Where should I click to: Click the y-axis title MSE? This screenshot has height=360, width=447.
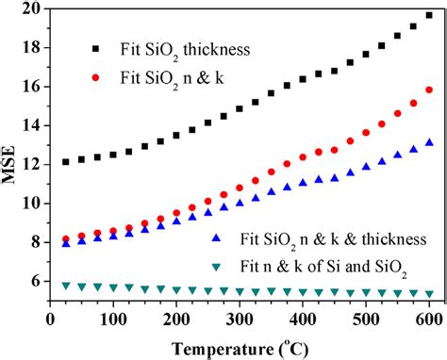pyautogui.click(x=12, y=156)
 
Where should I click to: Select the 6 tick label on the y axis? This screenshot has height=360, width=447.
pyautogui.click(x=35, y=281)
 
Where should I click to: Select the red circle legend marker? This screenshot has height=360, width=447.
pyautogui.click(x=94, y=76)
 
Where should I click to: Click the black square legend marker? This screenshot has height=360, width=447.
pyautogui.click(x=94, y=46)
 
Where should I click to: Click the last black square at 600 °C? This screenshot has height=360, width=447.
pyautogui.click(x=429, y=15)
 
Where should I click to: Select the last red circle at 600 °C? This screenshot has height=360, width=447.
pyautogui.click(x=429, y=90)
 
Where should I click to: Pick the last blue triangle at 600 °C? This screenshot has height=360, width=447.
pyautogui.click(x=429, y=142)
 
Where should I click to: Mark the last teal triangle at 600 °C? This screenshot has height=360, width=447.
pyautogui.click(x=429, y=294)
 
